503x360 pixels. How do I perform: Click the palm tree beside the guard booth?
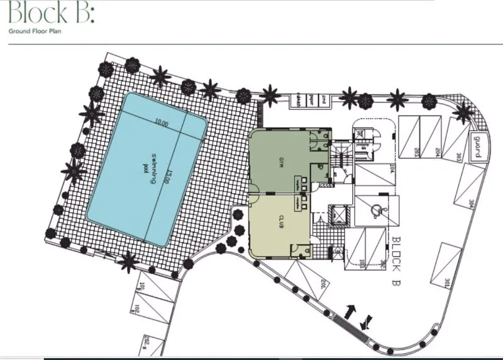[464, 113]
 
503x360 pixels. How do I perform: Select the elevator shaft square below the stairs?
[338, 214]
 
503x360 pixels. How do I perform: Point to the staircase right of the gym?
[341, 156]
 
